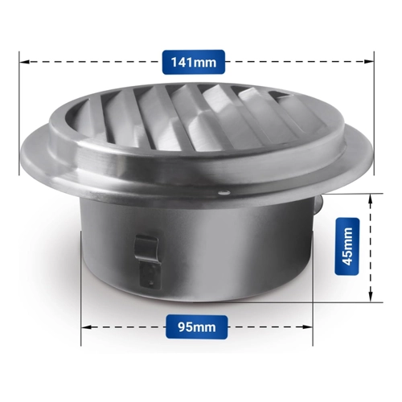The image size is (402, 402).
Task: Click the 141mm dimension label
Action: [x=194, y=62]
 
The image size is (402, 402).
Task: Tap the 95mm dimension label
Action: [x=197, y=327]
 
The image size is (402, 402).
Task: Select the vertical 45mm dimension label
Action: [x=347, y=246]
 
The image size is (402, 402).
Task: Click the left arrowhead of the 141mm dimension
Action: [x=24, y=62]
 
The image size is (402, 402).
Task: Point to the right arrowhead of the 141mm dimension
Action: [x=369, y=62]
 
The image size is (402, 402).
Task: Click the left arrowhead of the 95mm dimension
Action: [x=86, y=327]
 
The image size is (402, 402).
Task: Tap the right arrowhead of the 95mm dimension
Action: [x=308, y=327]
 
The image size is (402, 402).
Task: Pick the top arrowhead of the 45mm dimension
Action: [x=370, y=199]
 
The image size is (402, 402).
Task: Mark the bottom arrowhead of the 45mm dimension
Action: [x=370, y=297]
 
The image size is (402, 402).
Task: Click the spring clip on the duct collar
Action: [x=147, y=248]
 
